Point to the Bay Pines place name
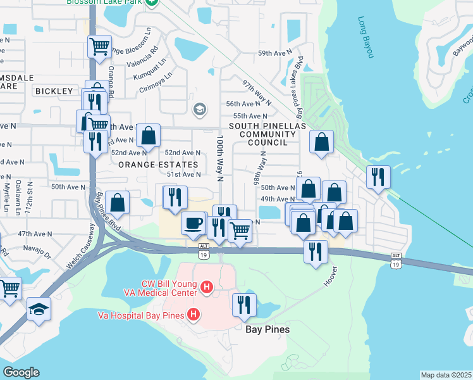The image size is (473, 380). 267,329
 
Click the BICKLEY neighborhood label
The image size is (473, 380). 54,91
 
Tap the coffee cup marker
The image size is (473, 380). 193,223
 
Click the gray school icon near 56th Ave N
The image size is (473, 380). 199,110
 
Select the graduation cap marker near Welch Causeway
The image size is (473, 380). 38,309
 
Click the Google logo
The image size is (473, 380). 21,372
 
